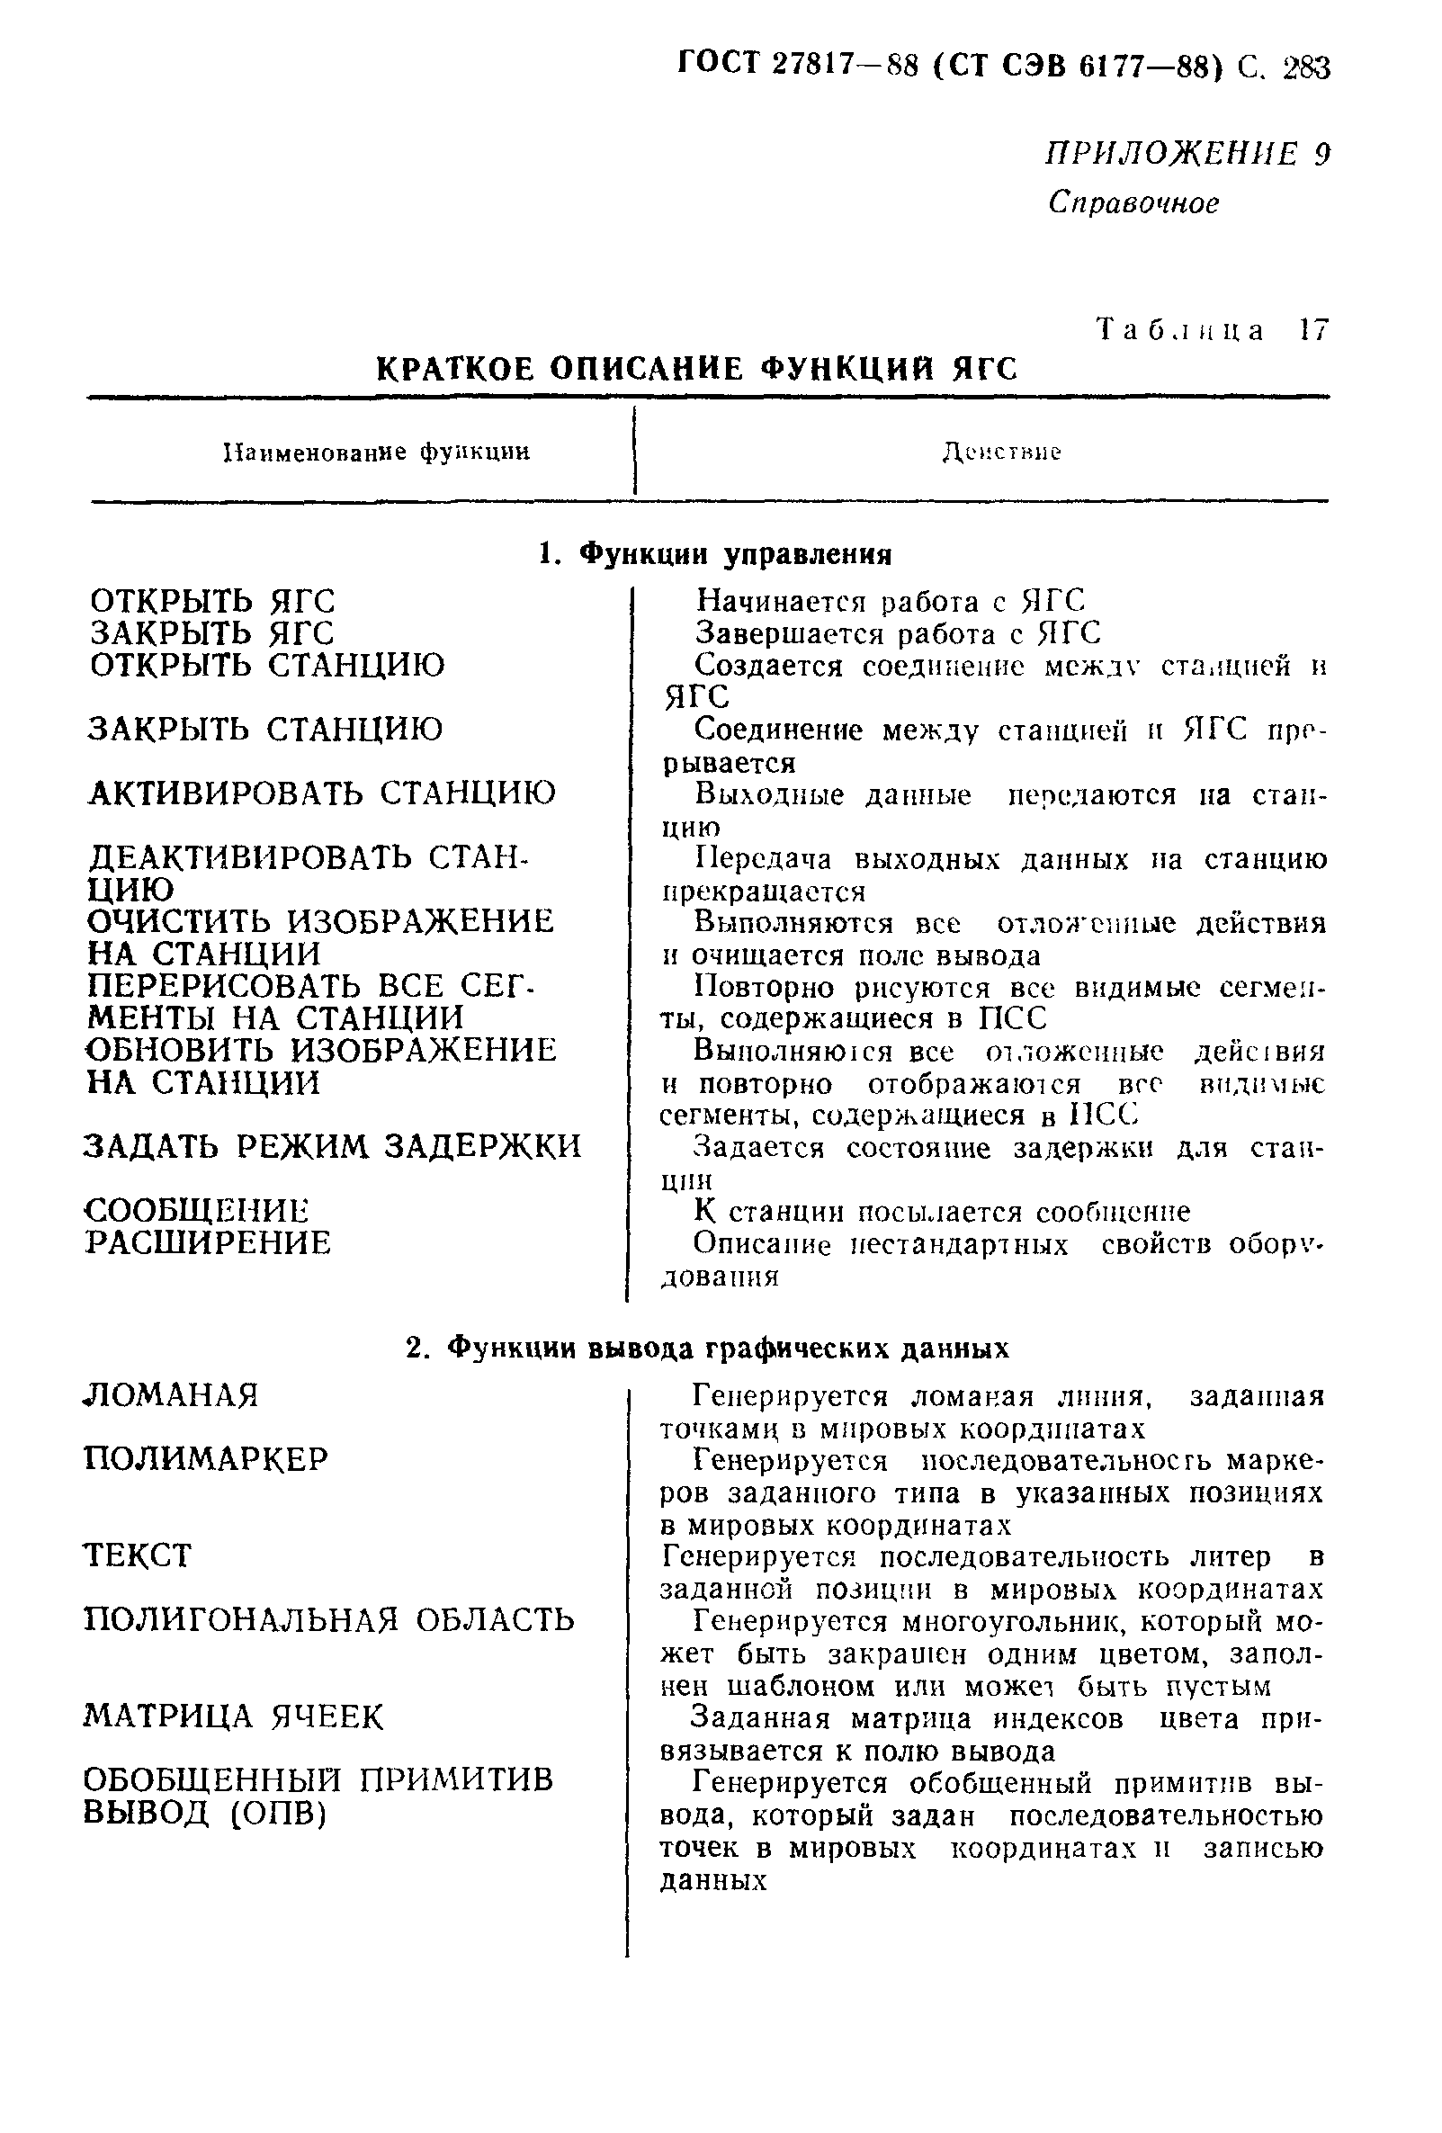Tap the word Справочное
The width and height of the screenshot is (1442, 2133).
click(x=1133, y=202)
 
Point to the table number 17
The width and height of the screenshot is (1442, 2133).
click(x=1313, y=330)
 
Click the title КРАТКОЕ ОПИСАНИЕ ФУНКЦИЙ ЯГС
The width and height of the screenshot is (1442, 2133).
click(x=696, y=369)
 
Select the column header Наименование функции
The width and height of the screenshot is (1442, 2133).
click(x=377, y=453)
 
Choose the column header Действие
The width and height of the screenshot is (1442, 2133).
click(x=1001, y=453)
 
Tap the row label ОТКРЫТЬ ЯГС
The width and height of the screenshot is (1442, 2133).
click(x=213, y=602)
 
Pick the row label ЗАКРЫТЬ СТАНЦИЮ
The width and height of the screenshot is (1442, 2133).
click(x=265, y=730)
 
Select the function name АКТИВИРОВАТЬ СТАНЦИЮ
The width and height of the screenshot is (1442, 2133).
click(x=322, y=793)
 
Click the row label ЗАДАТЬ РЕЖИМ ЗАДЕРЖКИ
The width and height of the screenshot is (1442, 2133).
click(x=332, y=1146)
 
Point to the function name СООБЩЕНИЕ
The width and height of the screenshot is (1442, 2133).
click(x=197, y=1211)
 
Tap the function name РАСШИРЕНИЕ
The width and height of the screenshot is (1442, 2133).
click(x=208, y=1242)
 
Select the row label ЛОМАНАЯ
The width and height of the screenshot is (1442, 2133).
click(x=172, y=1396)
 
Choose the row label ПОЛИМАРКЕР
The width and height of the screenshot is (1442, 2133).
click(x=206, y=1459)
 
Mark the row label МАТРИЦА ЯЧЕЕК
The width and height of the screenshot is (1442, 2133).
click(x=233, y=1716)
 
